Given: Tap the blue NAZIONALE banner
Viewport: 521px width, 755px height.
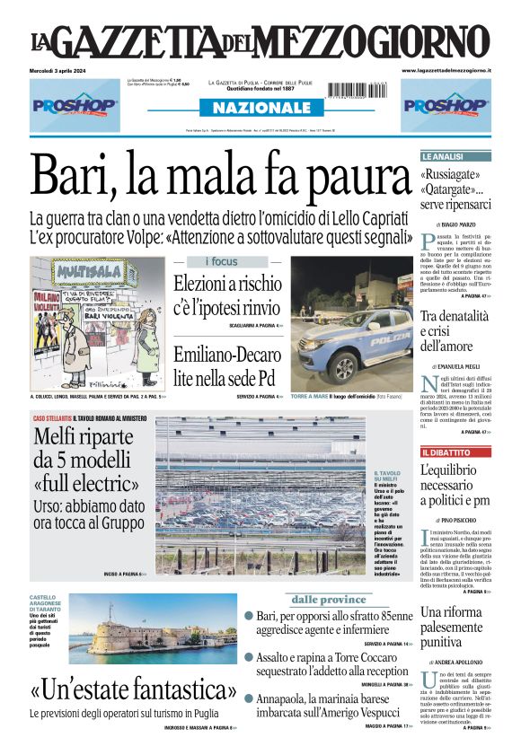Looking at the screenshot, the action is pyautogui.click(x=260, y=108).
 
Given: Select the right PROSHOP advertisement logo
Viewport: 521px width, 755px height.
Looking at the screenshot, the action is pyautogui.click(x=445, y=105).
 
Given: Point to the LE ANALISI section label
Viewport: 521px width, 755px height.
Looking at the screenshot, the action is pyautogui.click(x=442, y=156).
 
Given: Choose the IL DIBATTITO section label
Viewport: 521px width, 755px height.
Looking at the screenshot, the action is pyautogui.click(x=444, y=452).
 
